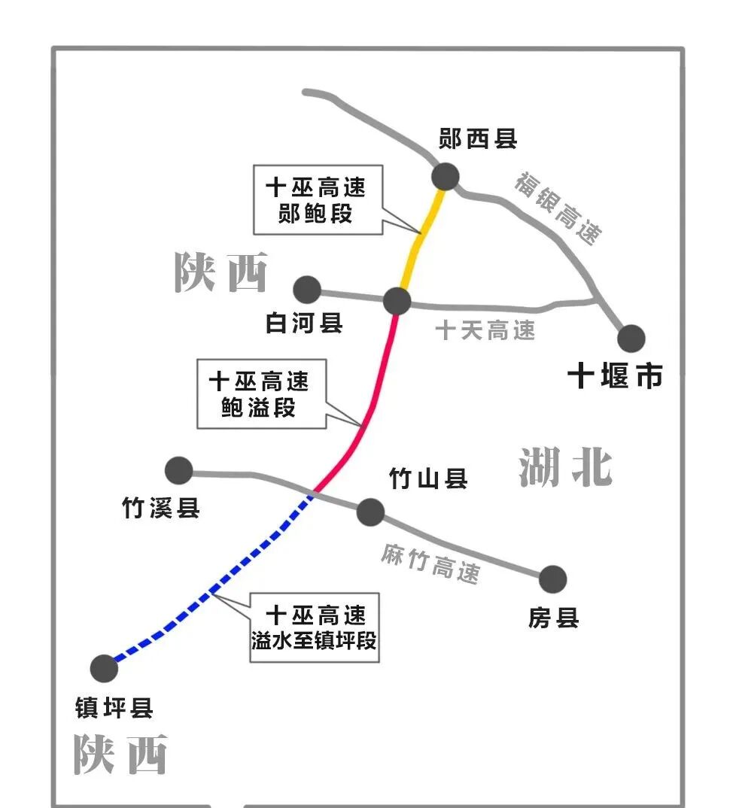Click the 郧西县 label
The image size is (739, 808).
[x=478, y=138]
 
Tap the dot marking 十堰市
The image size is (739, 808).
[x=631, y=339]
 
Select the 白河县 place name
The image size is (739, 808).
[x=304, y=323]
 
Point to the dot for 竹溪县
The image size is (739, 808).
[x=179, y=470]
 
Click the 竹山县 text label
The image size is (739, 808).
[x=428, y=478]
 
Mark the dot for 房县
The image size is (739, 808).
[x=552, y=579]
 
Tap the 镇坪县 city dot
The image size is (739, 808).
[x=104, y=668]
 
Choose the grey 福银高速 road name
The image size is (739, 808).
[x=559, y=208]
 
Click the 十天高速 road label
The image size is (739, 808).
[x=485, y=330]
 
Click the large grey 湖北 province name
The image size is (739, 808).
[x=566, y=467]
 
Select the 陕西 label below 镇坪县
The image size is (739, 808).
[x=120, y=754]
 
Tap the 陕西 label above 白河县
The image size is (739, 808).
[x=221, y=272]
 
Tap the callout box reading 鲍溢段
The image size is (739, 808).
[x=261, y=394]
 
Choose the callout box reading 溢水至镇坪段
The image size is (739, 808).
[x=314, y=627]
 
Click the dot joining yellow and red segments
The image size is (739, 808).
[x=397, y=301]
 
